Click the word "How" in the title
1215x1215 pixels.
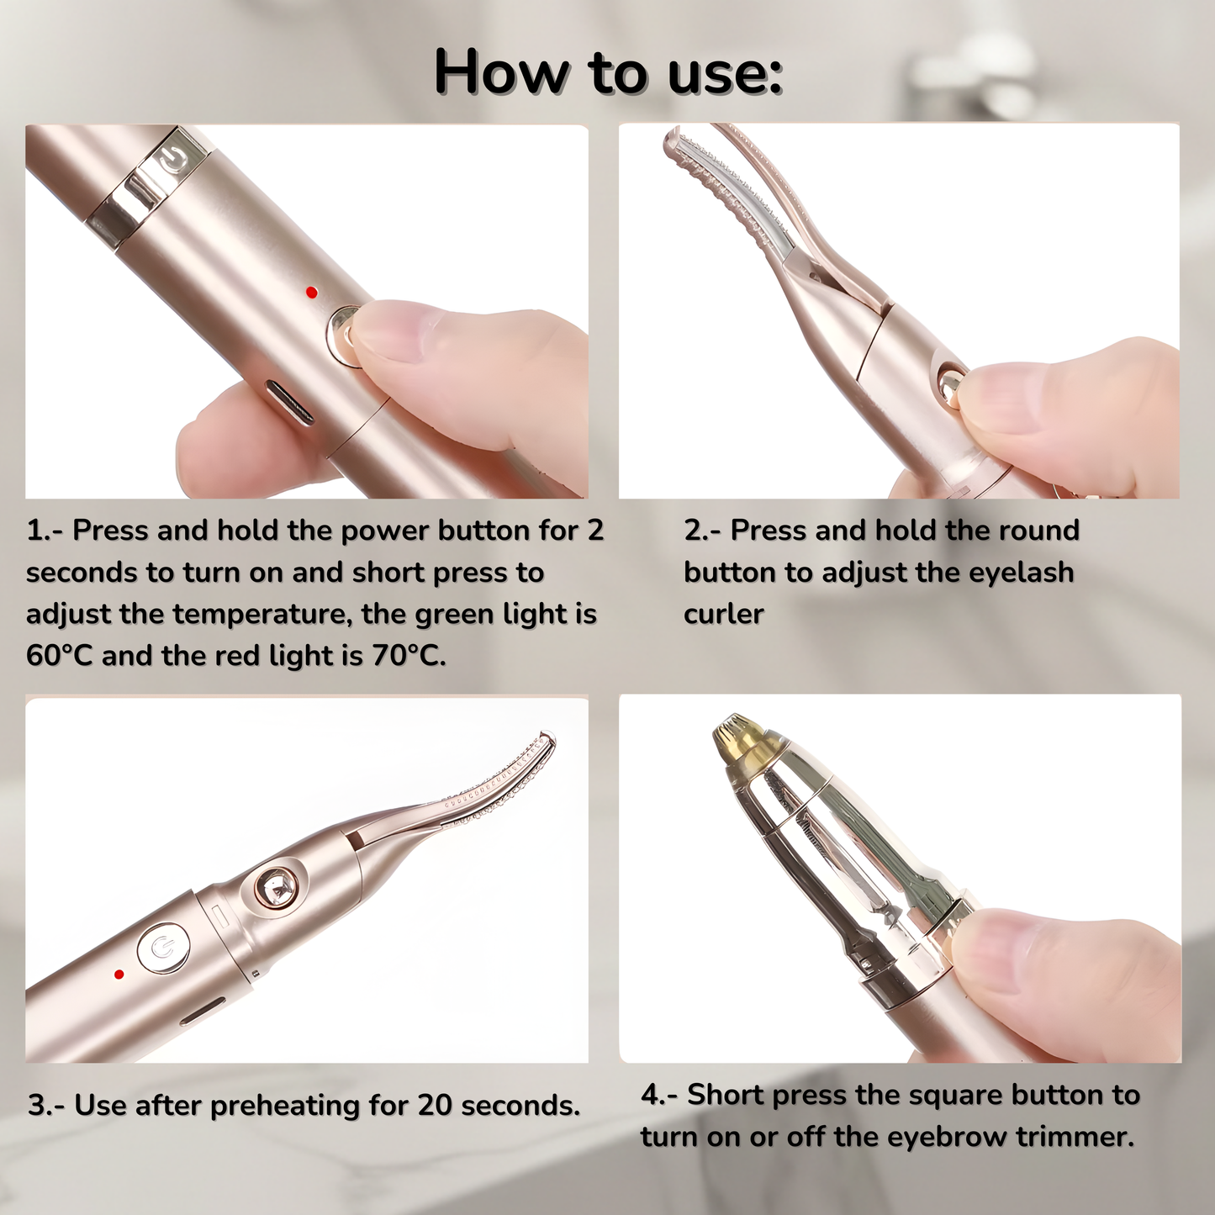501,73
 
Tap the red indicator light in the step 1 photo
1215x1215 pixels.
312,293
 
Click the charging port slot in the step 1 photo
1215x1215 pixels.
289,402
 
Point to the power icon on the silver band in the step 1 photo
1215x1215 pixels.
174,159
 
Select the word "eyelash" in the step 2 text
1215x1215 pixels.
1021,573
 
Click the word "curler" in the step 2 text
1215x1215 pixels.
723,615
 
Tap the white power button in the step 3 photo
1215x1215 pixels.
163,948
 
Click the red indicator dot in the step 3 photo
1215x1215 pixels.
119,975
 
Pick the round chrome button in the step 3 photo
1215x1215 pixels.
276,886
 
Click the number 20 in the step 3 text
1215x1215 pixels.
435,1106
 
